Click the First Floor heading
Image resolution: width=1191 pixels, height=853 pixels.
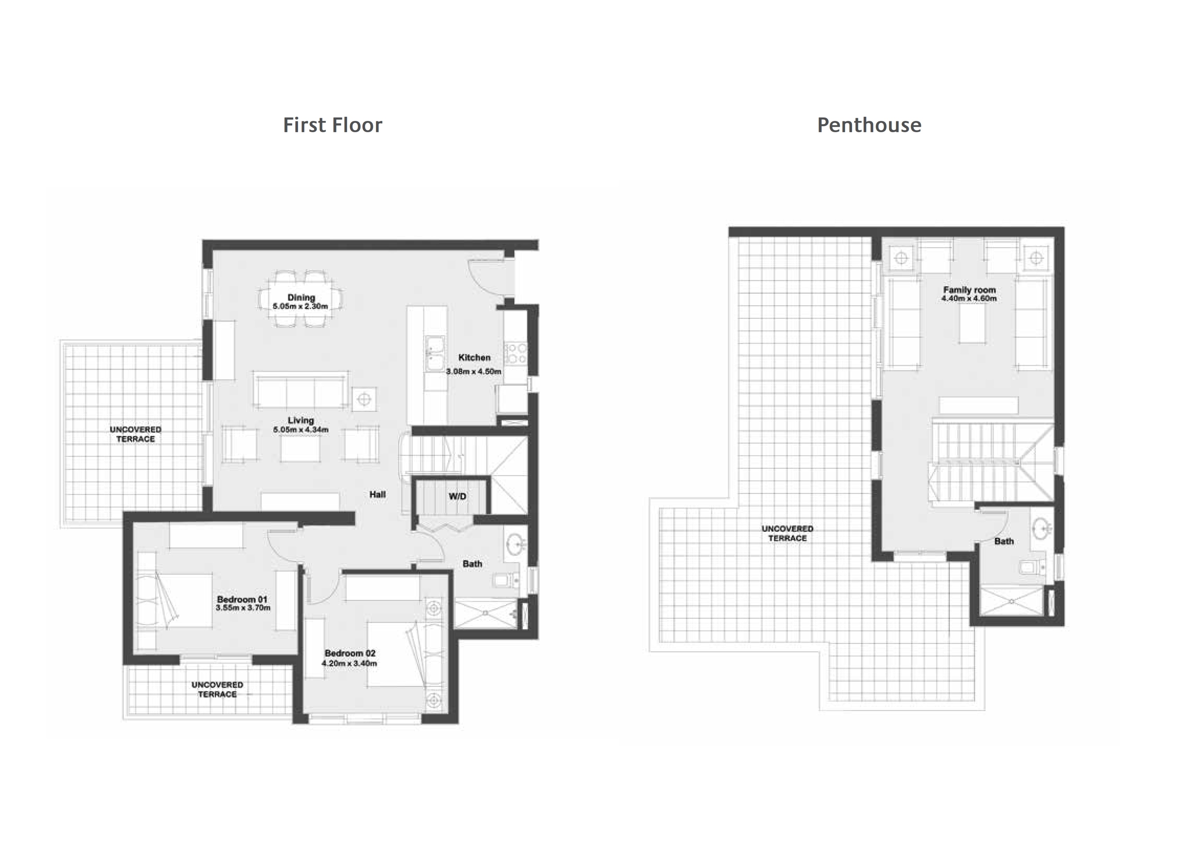(x=332, y=125)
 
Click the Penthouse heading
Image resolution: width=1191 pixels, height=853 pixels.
(x=869, y=125)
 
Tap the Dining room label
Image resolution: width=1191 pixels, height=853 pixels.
(x=301, y=297)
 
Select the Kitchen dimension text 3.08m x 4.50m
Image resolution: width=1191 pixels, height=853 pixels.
(x=474, y=371)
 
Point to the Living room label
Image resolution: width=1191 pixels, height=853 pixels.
(x=301, y=420)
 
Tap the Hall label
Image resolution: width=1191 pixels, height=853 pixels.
(x=377, y=494)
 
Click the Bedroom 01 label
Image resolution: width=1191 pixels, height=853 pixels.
(x=242, y=599)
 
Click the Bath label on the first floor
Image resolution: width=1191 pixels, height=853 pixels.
(x=472, y=564)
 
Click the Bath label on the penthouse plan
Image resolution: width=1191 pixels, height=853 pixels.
(x=1004, y=541)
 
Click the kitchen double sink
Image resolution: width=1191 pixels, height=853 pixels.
(x=435, y=353)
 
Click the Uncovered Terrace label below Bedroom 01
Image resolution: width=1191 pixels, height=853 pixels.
(x=217, y=689)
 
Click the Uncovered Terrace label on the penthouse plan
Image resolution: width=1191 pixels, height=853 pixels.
(x=787, y=533)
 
